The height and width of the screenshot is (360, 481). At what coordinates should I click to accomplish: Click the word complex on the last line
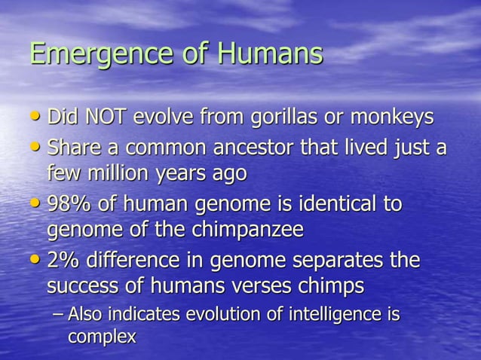point(102,337)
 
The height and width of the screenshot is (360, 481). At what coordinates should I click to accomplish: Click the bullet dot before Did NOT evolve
point(37,117)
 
